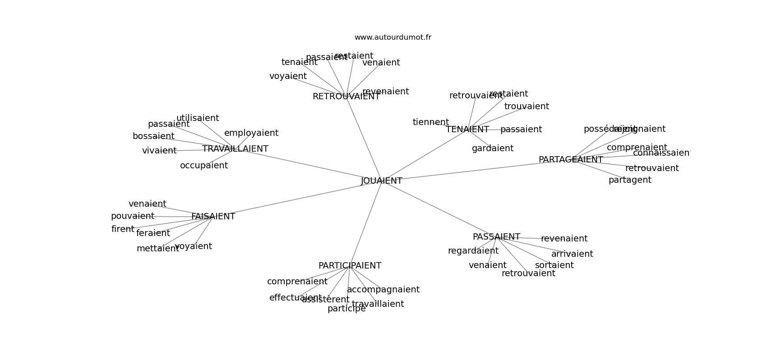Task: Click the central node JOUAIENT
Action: [381, 181]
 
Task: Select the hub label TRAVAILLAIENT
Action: [235, 149]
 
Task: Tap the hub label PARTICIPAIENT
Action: [350, 266]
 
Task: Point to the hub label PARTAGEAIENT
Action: [570, 160]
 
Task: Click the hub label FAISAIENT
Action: [213, 217]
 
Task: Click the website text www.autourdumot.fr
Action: [393, 37]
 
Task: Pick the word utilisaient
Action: [198, 118]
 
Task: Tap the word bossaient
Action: [153, 136]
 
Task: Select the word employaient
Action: [251, 133]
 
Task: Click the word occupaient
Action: [204, 166]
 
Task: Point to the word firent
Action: [123, 229]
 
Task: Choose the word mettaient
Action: [157, 249]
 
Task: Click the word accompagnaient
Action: [383, 290]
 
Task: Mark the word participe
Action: [347, 309]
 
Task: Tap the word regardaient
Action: [473, 251]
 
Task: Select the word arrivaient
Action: [572, 254]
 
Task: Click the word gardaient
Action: [492, 148]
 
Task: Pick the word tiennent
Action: [430, 122]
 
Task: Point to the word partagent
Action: [630, 180]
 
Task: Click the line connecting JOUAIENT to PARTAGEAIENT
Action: [474, 171]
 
